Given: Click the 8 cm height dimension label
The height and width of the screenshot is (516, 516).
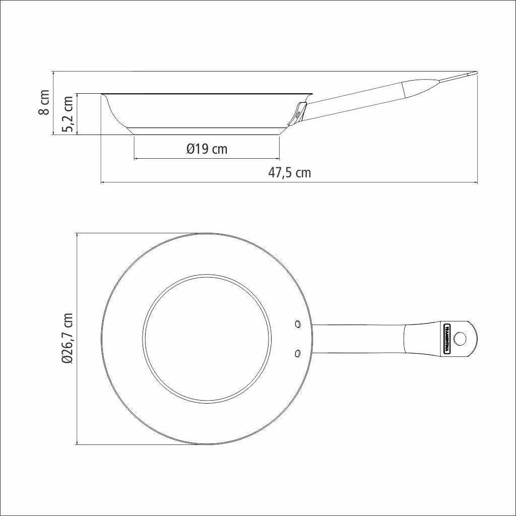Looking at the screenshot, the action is [44, 102].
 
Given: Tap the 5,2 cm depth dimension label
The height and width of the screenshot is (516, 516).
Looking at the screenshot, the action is [68, 114].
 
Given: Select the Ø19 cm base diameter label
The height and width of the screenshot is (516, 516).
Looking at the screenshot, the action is [207, 149].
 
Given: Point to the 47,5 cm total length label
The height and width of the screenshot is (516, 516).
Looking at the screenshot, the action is [290, 172].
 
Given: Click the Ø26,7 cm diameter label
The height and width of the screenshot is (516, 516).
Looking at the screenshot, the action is [67, 339].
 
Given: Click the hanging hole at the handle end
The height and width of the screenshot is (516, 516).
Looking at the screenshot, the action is [460, 339].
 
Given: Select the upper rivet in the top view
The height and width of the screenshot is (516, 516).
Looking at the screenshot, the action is [298, 324].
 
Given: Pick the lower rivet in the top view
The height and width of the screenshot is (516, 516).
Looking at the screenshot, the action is [298, 354].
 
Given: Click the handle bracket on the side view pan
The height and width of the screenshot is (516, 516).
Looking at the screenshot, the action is [297, 114].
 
